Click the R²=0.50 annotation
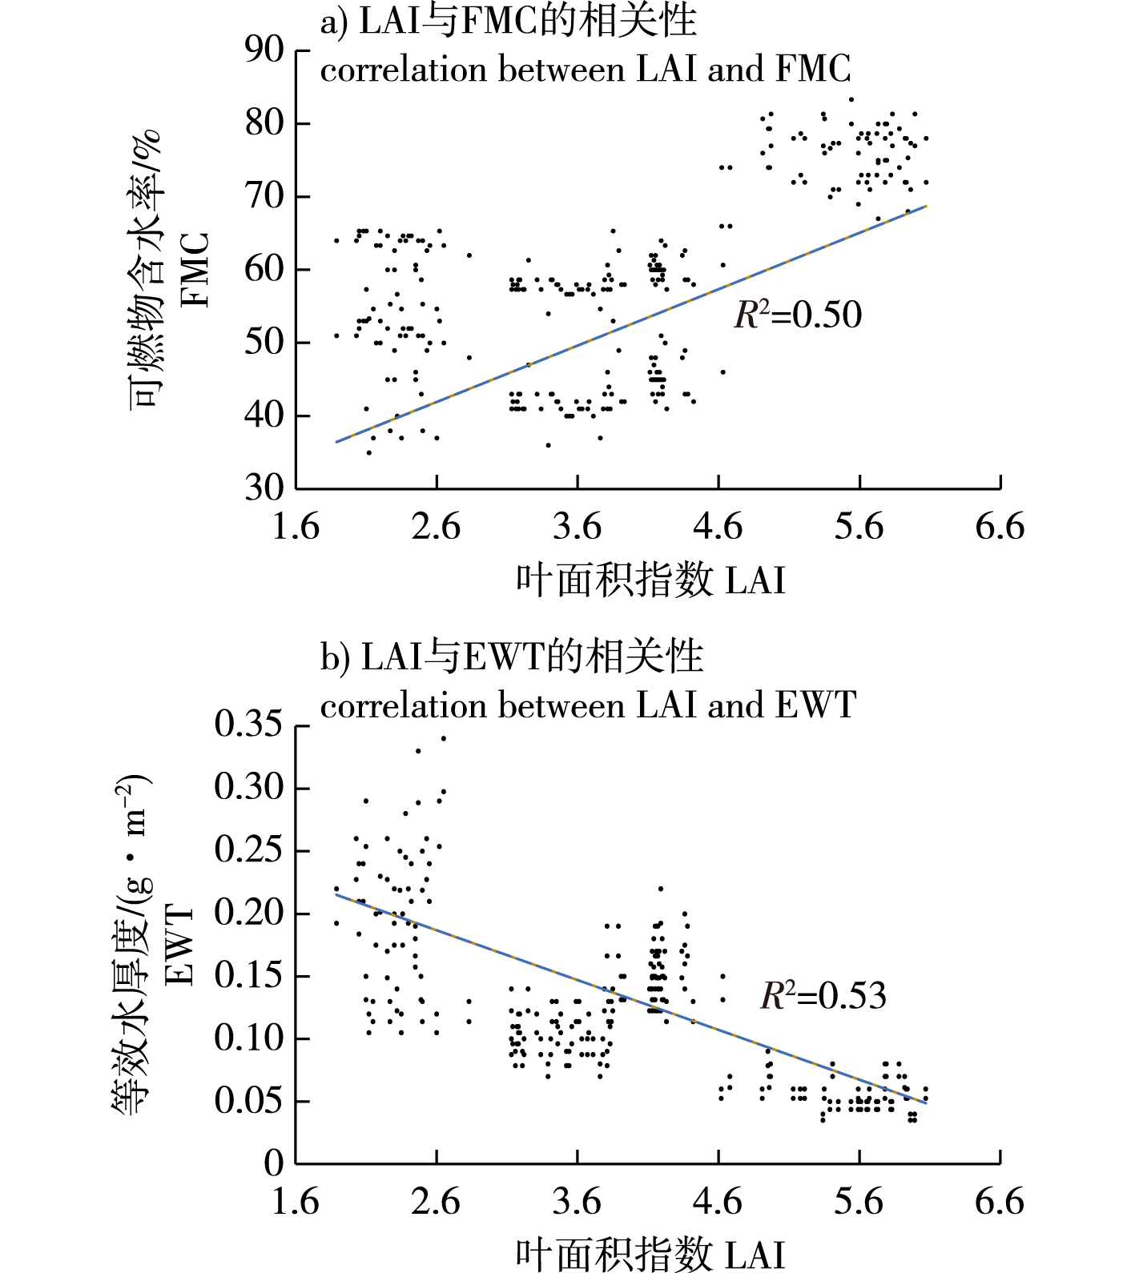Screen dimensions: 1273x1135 pos(798,315)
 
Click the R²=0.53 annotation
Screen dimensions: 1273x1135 pos(823,996)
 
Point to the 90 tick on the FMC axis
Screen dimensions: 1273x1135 pos(264,50)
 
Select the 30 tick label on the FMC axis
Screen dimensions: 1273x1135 pos(264,488)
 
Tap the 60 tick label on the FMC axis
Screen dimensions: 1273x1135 pos(264,269)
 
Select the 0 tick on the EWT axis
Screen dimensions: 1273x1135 pos(274,1163)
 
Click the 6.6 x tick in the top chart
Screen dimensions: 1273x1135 pos(1000,527)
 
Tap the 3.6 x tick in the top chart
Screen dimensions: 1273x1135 pos(577,527)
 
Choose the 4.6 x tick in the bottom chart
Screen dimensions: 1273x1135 pos(718,1202)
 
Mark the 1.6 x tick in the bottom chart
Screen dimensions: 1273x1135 pos(296,1202)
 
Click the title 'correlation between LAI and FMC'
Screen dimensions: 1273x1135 pos(585,70)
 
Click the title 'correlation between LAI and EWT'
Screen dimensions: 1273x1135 pos(588,705)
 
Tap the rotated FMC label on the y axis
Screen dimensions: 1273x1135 pos(195,271)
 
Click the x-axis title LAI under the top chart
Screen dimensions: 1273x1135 pos(650,580)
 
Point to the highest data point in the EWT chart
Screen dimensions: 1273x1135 pos(443,738)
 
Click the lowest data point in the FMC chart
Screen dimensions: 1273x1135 pos(368,452)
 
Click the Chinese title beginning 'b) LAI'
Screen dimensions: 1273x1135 pos(511,657)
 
